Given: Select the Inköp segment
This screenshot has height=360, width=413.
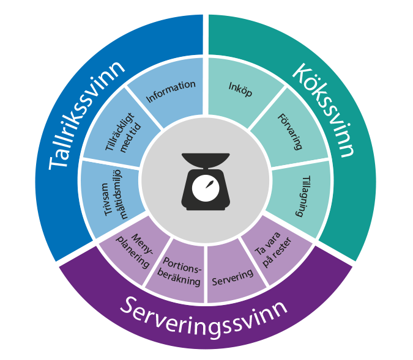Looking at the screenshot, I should point(240,89).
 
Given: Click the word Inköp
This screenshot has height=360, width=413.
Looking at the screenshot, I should point(240,89).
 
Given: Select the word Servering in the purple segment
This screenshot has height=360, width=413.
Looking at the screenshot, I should point(233,276).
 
